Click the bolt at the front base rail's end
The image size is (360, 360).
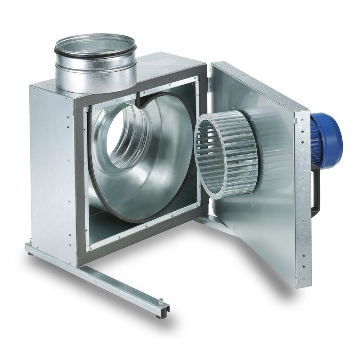coord(161,302)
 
